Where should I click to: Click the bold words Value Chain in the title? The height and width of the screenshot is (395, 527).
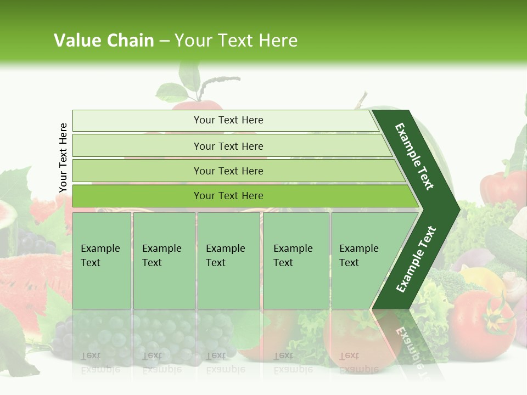point(104,41)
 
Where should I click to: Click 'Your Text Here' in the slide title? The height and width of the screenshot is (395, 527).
point(236,41)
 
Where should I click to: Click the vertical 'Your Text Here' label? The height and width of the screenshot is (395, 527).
point(63,157)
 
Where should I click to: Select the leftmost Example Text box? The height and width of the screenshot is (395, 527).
point(102,261)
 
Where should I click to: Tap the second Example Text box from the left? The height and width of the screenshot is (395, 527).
point(164,261)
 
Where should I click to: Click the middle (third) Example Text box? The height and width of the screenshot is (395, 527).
point(228,261)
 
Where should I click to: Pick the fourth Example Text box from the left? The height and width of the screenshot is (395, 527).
point(295,261)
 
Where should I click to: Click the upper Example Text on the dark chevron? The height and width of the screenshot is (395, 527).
point(415,156)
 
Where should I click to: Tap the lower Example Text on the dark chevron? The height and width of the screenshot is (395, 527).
point(416,259)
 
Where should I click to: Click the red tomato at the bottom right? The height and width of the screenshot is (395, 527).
point(478,324)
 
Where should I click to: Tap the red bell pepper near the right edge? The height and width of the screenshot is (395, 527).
point(502,189)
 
